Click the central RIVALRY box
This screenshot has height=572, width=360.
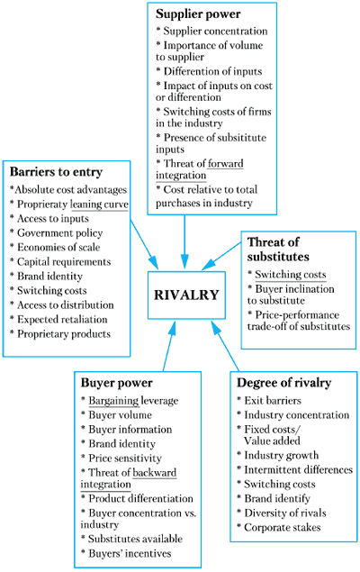click(186, 295)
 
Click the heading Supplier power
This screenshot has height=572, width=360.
click(198, 14)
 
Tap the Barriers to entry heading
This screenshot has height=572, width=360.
click(56, 172)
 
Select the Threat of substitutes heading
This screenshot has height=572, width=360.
click(278, 250)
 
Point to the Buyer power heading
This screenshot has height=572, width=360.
click(117, 383)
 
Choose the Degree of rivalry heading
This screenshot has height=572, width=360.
click(283, 383)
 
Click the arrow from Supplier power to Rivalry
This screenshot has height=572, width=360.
click(184, 241)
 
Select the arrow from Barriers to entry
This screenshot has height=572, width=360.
click(144, 244)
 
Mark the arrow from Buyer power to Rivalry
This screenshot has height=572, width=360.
click(169, 346)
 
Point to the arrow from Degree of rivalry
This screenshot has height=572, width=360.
click(225, 346)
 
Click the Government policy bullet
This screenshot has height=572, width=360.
click(57, 233)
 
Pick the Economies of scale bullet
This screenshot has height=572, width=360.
click(55, 248)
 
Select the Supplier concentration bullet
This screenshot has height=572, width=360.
click(211, 31)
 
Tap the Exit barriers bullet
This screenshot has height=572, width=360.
click(269, 401)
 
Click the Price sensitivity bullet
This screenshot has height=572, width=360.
click(121, 459)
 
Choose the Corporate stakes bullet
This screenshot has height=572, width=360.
click(279, 528)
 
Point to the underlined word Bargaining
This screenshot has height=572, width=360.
click(113, 401)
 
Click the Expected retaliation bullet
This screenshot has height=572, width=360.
click(58, 320)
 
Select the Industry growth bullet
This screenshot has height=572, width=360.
click(278, 455)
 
